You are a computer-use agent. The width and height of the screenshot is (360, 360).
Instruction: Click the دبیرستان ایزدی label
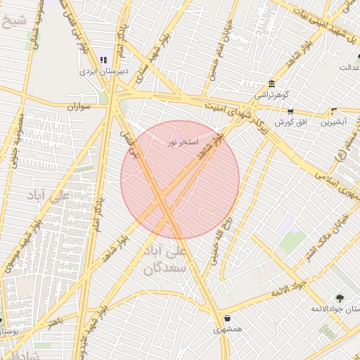[x=103, y=71]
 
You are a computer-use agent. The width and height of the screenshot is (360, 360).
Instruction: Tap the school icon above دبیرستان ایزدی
[x=103, y=60]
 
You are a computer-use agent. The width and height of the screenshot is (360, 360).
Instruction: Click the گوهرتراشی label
[x=271, y=94]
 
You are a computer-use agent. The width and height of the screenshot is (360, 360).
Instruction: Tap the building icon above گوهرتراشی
[x=271, y=82]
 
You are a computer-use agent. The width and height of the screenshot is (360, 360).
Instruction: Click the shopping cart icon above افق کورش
[x=290, y=111]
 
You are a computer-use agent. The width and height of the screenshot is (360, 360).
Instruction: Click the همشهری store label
[x=228, y=328]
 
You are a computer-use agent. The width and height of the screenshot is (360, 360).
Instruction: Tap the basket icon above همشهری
[x=227, y=317]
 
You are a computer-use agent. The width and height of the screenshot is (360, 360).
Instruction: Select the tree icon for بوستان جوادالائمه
[x=341, y=298]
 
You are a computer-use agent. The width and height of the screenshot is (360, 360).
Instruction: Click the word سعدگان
[x=166, y=268]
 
